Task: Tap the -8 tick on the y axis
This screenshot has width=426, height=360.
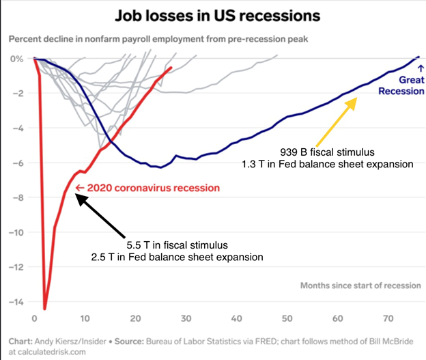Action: [16, 197]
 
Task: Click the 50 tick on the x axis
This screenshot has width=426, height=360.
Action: [287, 318]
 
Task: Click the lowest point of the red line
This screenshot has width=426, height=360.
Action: [45, 308]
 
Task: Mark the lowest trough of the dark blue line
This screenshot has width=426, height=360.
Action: [158, 167]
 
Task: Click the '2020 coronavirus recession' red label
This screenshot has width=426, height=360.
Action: [147, 188]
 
